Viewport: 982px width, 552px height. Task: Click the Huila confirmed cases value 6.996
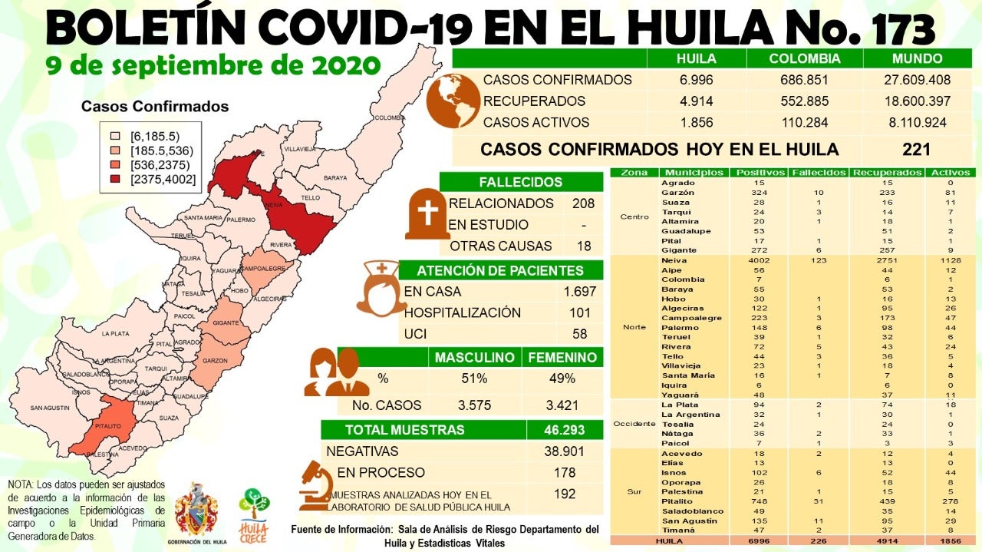(x=696, y=80)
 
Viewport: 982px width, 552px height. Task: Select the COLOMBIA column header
(x=805, y=58)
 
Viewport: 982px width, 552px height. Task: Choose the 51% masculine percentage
(x=473, y=378)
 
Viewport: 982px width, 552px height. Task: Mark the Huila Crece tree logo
(x=254, y=514)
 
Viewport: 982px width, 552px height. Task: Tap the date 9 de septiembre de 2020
(x=213, y=64)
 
